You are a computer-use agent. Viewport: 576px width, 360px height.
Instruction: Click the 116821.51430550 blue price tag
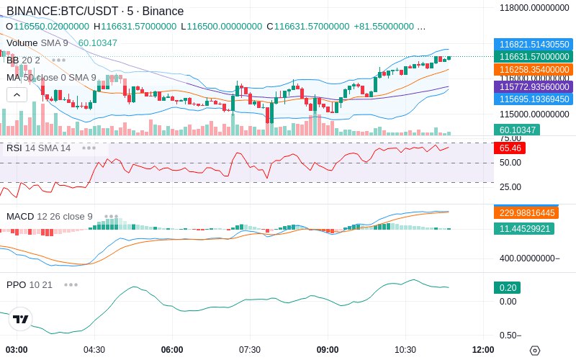click(534, 44)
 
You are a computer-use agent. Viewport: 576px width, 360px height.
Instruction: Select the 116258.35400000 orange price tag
click(534, 70)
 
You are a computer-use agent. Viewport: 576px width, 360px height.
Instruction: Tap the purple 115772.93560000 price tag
click(534, 86)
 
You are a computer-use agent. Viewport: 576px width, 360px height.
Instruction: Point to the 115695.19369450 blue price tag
click(534, 99)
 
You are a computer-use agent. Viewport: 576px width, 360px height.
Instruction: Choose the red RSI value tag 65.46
click(510, 148)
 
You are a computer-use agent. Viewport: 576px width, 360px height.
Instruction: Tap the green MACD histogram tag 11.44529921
click(523, 228)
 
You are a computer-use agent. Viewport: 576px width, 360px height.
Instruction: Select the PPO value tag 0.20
click(507, 287)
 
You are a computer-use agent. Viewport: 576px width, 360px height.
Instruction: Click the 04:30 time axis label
click(94, 350)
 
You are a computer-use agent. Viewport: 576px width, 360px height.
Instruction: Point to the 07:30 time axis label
click(249, 350)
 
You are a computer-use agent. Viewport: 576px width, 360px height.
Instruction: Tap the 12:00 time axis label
click(482, 350)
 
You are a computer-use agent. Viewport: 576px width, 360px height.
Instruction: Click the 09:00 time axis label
click(328, 350)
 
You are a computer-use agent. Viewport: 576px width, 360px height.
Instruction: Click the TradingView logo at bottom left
click(21, 319)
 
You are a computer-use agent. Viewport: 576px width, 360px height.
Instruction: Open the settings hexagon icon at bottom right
click(534, 351)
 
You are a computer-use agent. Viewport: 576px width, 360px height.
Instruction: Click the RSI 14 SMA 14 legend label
click(39, 148)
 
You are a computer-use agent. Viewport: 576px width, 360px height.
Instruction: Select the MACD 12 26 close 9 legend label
click(50, 216)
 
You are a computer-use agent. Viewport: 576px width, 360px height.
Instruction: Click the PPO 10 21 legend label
click(30, 284)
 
